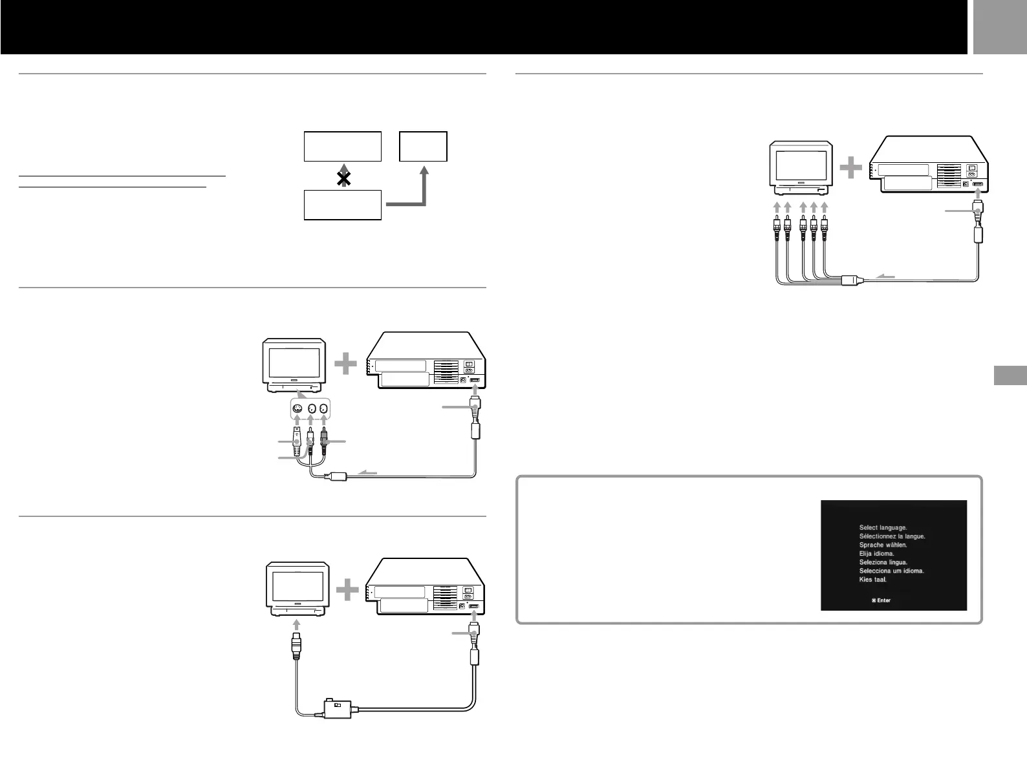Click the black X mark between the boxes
(x=344, y=180)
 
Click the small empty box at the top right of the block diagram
(x=424, y=146)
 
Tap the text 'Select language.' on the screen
(x=883, y=528)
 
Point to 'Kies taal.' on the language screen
(x=872, y=580)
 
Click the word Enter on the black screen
(x=883, y=600)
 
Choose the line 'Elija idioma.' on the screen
(x=876, y=554)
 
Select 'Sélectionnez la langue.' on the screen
(x=892, y=536)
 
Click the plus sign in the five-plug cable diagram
(x=850, y=169)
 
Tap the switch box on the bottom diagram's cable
(x=337, y=708)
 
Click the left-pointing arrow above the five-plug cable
(x=885, y=277)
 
